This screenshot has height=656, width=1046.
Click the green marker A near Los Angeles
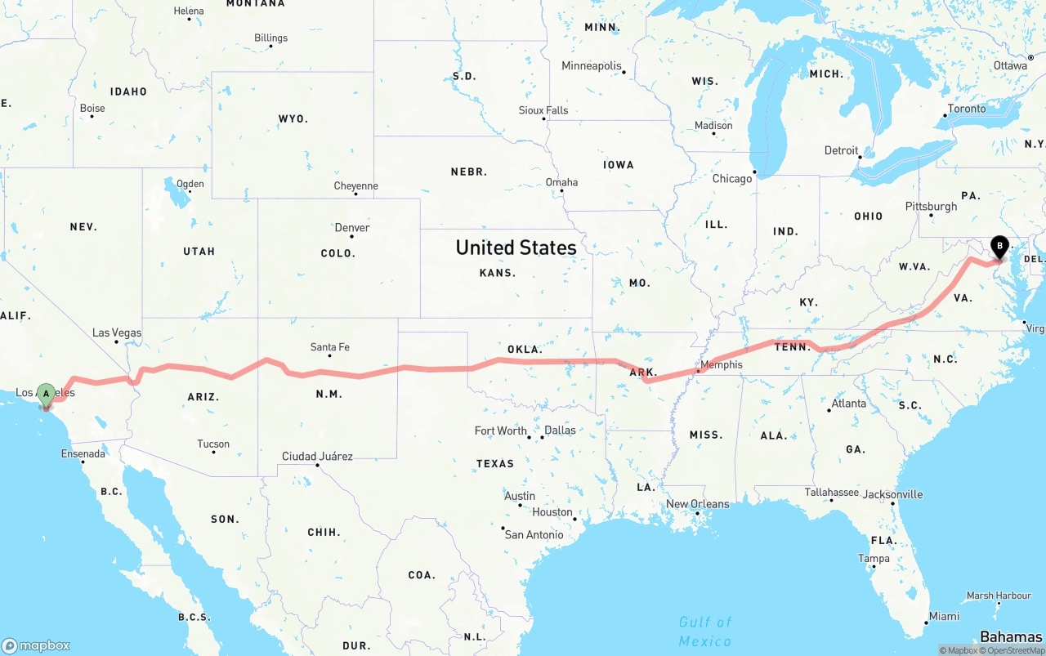(47, 395)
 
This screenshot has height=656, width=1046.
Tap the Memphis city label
(722, 364)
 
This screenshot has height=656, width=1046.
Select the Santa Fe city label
(330, 347)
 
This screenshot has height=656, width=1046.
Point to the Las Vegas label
(117, 332)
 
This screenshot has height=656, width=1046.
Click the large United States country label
(516, 248)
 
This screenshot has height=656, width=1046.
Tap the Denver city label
(352, 227)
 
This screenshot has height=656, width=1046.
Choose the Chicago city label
(731, 178)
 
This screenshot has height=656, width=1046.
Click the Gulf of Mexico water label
(705, 631)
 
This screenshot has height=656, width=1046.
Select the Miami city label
(944, 616)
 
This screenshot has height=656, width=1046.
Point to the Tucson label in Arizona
(213, 444)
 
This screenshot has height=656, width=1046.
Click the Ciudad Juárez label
(317, 456)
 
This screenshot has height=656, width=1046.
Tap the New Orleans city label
(698, 503)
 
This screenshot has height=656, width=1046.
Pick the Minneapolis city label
(592, 65)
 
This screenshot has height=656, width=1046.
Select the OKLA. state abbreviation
(525, 349)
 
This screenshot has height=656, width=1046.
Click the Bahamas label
(1011, 637)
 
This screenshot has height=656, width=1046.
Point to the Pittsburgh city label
(931, 206)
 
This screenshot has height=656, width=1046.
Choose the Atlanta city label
(849, 403)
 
